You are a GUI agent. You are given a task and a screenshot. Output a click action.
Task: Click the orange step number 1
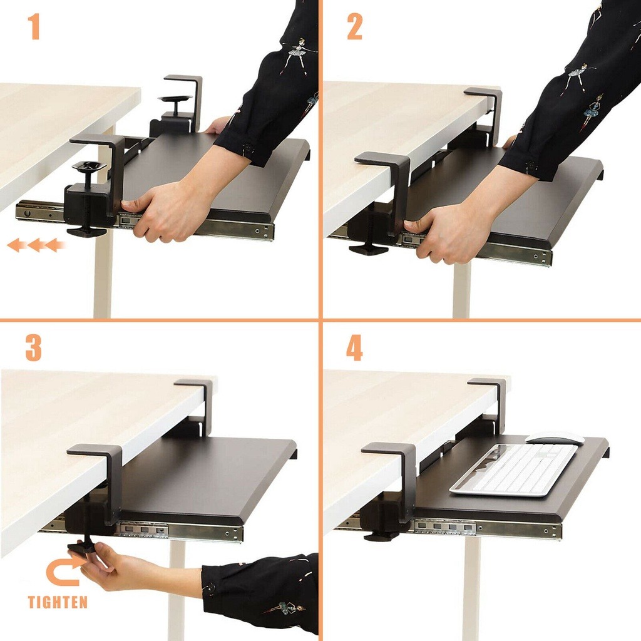click(34, 28)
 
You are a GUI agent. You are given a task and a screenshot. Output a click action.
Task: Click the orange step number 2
click(354, 28)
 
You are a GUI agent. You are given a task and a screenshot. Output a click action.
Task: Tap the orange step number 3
click(34, 349)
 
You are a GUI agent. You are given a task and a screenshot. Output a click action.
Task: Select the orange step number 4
click(354, 349)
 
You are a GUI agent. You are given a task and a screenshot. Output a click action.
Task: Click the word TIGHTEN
click(58, 603)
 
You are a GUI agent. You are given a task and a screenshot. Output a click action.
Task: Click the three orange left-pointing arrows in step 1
click(36, 245)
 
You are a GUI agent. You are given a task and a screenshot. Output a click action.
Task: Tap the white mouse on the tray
click(555, 439)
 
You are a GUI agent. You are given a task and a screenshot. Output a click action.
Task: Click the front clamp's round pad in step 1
click(88, 167)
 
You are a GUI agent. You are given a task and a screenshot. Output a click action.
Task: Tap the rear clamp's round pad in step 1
click(175, 99)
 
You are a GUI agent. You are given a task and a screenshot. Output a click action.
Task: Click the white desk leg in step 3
click(177, 588)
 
